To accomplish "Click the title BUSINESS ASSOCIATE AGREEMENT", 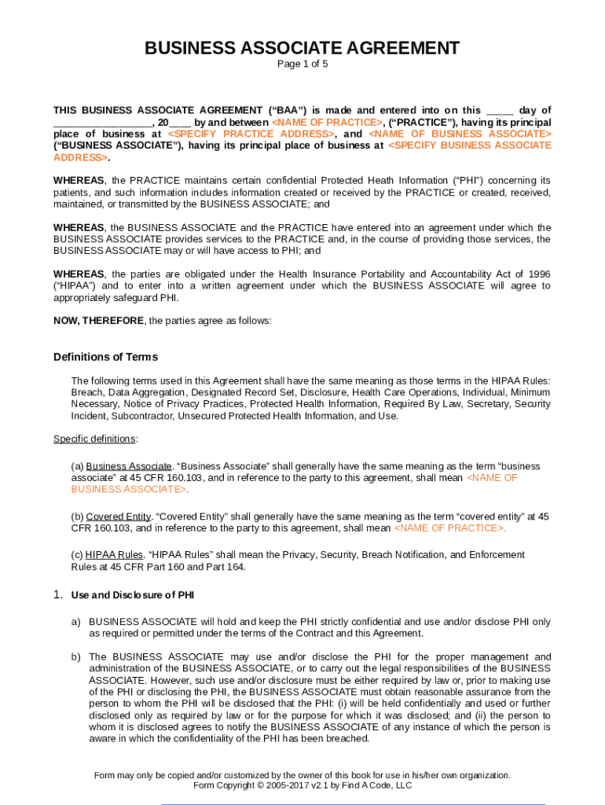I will (x=302, y=48).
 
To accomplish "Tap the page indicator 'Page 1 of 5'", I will (x=302, y=64).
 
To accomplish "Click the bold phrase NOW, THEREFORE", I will (x=99, y=321).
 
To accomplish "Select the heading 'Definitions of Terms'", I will (x=105, y=357).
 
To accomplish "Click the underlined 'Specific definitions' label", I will (x=95, y=439).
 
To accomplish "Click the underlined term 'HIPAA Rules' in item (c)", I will (x=110, y=555).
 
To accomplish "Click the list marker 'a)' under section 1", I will (x=76, y=622).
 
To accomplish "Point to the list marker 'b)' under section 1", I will (x=76, y=657).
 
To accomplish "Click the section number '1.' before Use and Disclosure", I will (x=58, y=595).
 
